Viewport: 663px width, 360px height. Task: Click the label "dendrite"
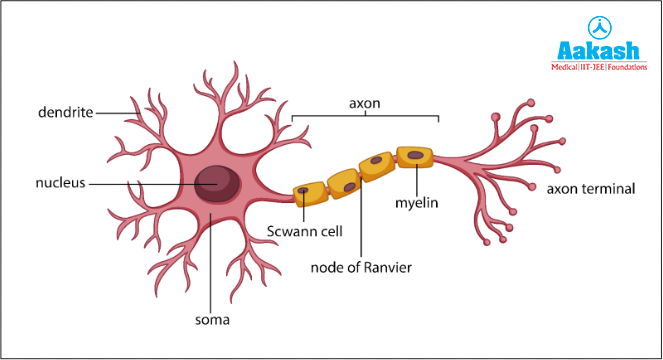64,113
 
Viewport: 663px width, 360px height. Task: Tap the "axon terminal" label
592,187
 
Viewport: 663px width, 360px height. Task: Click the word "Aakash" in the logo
597,50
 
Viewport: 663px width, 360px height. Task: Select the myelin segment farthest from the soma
414,157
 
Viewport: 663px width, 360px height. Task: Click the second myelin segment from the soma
342,181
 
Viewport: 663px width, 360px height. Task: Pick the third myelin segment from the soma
377,165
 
